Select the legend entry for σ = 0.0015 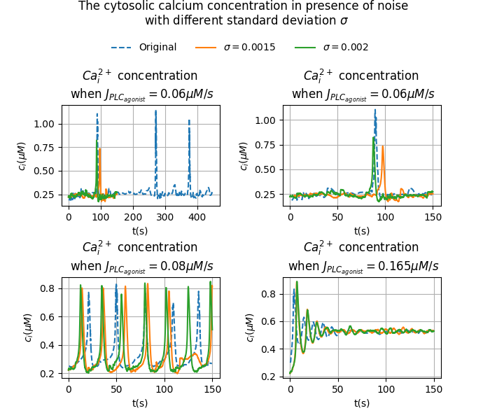click(249, 48)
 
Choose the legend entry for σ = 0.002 click(345, 48)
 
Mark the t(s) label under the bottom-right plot click(362, 402)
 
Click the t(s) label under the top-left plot click(140, 231)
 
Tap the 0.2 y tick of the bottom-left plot click(48, 374)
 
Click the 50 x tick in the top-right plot click(338, 218)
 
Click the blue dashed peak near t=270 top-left click(155, 111)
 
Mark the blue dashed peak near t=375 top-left click(189, 120)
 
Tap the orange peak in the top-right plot click(382, 146)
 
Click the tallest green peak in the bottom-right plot click(297, 282)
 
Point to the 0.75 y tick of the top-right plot click(266, 145)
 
